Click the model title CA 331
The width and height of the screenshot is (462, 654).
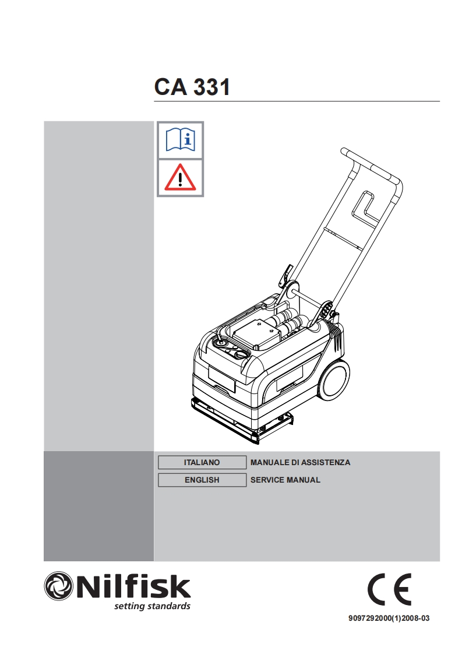[x=192, y=87]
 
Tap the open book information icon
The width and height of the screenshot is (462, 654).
[x=180, y=140]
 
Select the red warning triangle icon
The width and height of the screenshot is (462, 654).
[x=180, y=178]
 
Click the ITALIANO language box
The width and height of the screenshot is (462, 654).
[x=202, y=462]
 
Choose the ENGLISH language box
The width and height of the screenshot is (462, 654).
[x=202, y=480]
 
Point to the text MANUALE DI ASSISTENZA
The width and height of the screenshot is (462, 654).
[x=300, y=462]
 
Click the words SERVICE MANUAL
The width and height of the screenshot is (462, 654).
[x=285, y=480]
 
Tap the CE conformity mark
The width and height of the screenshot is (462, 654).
[x=389, y=589]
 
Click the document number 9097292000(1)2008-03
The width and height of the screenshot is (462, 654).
[x=389, y=618]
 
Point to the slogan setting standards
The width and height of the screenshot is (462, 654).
[x=152, y=606]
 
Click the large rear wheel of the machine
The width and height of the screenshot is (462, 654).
[x=334, y=380]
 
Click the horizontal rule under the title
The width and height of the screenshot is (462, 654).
[x=297, y=101]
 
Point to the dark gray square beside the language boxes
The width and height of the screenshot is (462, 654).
[x=99, y=506]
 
